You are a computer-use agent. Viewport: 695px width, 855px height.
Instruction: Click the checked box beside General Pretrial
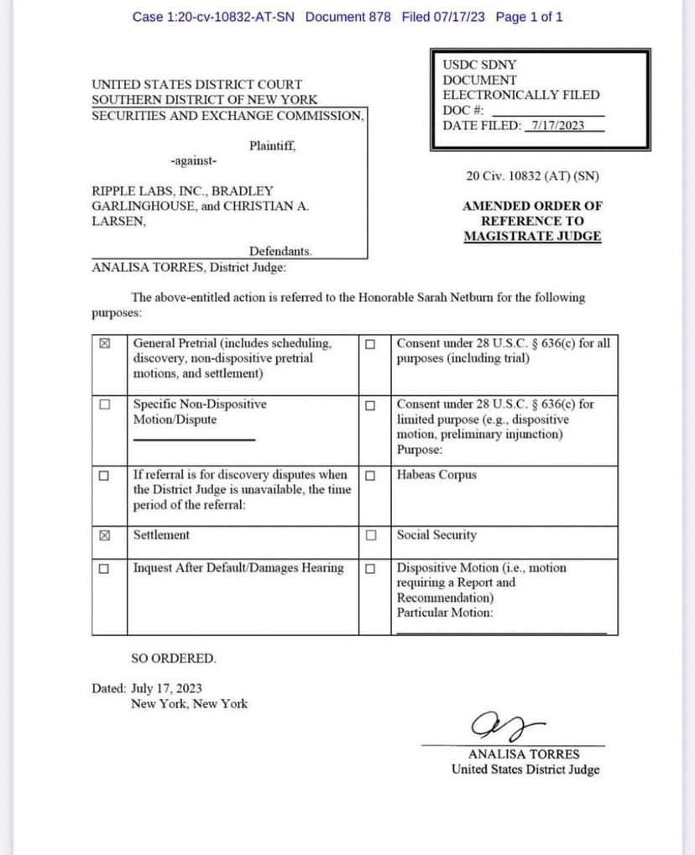click(x=105, y=343)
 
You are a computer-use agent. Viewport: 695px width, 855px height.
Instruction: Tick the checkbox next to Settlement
click(x=105, y=535)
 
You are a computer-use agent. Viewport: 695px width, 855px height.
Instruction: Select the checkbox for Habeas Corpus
click(x=370, y=475)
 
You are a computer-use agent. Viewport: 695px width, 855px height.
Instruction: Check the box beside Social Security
click(x=370, y=535)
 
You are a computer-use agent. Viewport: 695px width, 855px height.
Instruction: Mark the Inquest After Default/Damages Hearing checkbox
click(x=105, y=568)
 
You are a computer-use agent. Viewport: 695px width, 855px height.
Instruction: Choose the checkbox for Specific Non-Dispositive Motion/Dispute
click(x=105, y=404)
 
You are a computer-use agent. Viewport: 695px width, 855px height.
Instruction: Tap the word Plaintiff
click(x=272, y=146)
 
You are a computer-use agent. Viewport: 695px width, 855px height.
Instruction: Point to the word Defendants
click(x=280, y=251)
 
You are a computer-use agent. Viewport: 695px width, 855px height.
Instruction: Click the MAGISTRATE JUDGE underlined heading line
click(x=532, y=236)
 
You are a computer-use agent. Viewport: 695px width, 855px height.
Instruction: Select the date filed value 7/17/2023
click(x=553, y=126)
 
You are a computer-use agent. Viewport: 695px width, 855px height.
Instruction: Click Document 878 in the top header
click(x=347, y=17)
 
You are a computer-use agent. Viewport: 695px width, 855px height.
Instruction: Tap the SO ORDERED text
click(x=174, y=658)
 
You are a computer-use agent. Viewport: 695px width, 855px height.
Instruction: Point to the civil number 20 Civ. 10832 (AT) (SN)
click(x=532, y=176)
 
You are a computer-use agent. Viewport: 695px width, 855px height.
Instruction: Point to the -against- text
click(x=193, y=160)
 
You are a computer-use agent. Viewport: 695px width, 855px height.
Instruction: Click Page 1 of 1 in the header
click(x=529, y=17)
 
